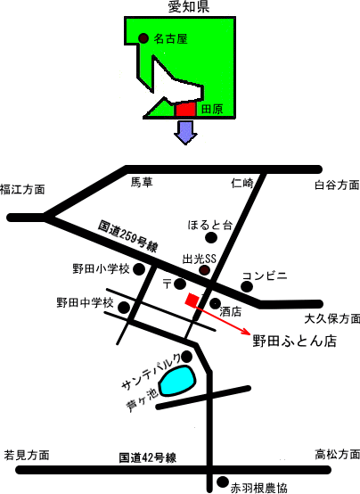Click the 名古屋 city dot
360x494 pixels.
click(x=143, y=38)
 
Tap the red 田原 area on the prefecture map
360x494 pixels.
click(x=186, y=109)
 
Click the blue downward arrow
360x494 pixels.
click(x=186, y=133)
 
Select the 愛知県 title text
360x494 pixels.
click(x=189, y=7)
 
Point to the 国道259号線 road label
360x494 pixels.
click(x=127, y=236)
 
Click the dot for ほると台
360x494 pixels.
click(x=211, y=237)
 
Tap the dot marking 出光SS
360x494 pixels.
click(x=205, y=270)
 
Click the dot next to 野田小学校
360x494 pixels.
click(x=139, y=269)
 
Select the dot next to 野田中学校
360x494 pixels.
click(x=124, y=307)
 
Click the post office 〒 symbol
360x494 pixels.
click(x=167, y=284)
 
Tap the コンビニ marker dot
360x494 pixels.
click(x=247, y=287)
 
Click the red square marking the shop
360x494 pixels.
click(x=192, y=300)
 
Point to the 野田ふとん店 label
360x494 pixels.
click(x=295, y=342)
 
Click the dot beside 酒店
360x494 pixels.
click(x=215, y=304)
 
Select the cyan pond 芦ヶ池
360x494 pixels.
click(x=177, y=381)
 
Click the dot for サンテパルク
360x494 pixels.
click(x=187, y=357)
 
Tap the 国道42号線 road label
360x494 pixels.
click(x=147, y=457)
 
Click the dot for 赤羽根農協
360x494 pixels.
click(x=223, y=482)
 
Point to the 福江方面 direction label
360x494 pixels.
click(x=22, y=189)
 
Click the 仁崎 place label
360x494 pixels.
click(x=241, y=183)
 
